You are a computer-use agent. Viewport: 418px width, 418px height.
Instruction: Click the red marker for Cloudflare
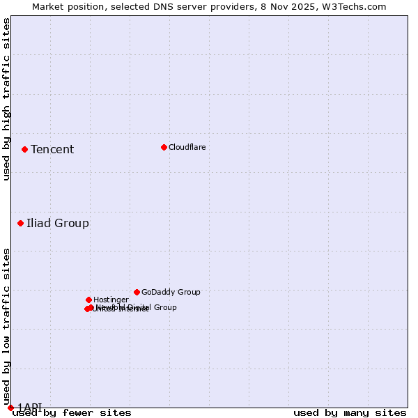tap(164, 147)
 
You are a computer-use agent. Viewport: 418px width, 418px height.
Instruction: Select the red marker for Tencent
tap(24, 149)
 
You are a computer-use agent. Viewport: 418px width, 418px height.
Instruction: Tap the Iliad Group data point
tap(20, 223)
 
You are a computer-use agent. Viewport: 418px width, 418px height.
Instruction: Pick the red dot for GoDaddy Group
tap(137, 292)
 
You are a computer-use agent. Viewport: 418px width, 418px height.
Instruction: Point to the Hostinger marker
tap(88, 300)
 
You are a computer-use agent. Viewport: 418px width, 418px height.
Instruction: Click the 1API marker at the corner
tap(10, 408)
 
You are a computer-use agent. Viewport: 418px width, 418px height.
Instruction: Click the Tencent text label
tap(52, 149)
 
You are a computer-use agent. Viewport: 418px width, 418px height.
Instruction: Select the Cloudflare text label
tap(187, 147)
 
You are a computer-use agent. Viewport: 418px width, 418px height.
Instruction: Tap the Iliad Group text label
tap(58, 223)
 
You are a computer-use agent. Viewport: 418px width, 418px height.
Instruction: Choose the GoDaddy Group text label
tap(171, 292)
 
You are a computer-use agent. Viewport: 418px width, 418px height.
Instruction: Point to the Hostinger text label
tap(111, 300)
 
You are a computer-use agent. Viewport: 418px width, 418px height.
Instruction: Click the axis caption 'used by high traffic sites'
tap(6, 99)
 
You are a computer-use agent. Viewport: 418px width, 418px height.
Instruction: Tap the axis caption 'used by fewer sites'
tap(72, 412)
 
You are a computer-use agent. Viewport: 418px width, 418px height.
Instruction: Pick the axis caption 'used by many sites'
tap(350, 412)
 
